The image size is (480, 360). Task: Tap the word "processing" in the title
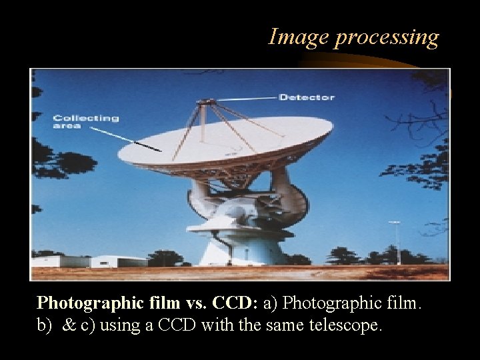[x=387, y=38]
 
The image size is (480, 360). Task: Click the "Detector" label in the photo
[x=307, y=97]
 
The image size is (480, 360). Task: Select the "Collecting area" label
[x=85, y=122]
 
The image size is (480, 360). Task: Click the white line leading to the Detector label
[x=247, y=99]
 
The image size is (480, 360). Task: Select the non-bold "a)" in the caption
[x=271, y=303]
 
